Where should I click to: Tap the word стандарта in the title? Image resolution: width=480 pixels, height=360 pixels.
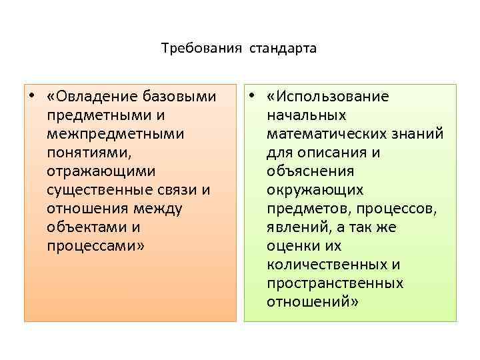(283, 49)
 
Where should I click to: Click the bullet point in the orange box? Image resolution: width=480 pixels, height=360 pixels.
(32, 96)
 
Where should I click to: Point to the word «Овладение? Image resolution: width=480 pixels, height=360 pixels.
(90, 97)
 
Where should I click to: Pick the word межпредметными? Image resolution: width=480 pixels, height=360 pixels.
(116, 134)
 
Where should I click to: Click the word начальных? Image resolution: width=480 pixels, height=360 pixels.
(306, 115)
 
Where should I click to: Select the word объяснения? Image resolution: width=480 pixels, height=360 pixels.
(310, 171)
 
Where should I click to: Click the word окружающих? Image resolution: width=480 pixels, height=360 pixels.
(315, 190)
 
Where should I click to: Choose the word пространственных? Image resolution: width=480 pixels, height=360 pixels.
(335, 283)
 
